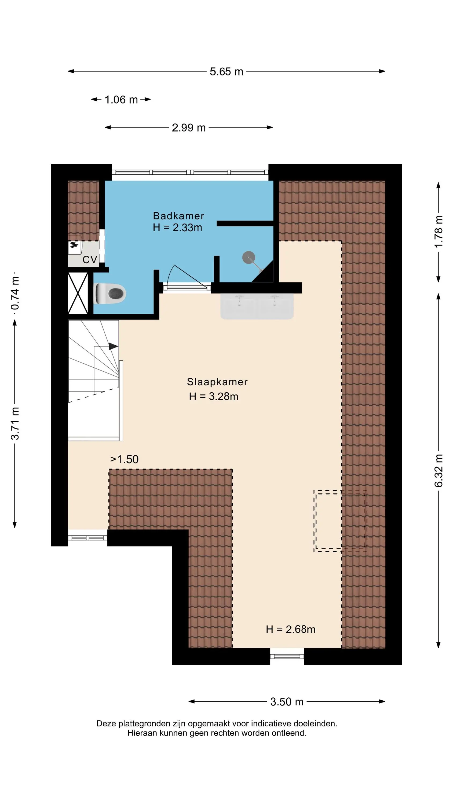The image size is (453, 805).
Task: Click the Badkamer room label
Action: coord(178,216)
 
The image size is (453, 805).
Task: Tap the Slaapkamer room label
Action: coord(217,382)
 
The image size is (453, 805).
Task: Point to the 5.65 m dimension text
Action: coord(226,72)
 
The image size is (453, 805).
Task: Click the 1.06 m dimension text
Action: coord(121,100)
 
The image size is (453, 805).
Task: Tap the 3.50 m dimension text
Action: coord(287,702)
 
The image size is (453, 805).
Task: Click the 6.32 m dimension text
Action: coord(439,471)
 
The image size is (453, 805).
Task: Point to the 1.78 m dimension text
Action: coord(439,232)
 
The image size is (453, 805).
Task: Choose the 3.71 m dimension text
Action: coord(15,423)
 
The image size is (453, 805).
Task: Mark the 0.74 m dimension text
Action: coord(15,293)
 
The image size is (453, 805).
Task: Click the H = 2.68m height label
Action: coord(291,629)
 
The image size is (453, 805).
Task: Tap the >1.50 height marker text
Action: coord(124,459)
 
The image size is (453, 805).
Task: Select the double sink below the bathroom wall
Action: coord(257,306)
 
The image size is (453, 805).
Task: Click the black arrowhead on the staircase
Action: coord(114,346)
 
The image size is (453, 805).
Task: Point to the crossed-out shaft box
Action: coord(78,294)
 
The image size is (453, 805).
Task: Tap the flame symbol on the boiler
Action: coord(74,245)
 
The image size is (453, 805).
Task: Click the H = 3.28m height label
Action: coord(214,397)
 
